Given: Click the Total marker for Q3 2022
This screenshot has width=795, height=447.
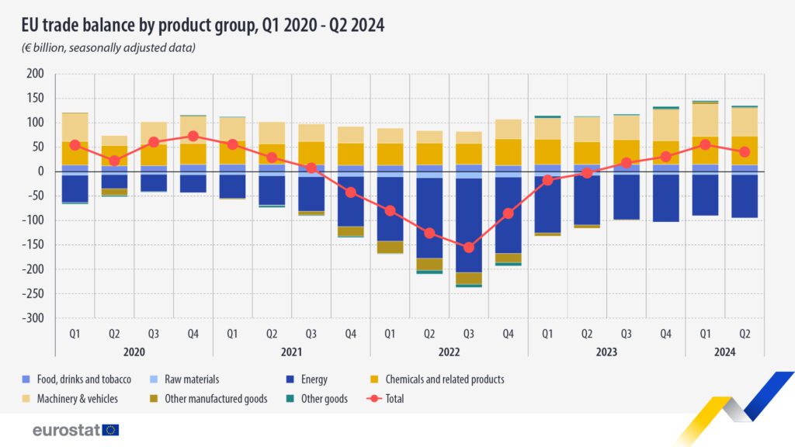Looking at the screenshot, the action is [469, 248].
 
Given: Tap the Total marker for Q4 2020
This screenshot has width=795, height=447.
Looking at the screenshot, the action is [193, 136].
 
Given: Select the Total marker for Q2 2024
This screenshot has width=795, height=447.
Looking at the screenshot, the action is [745, 151].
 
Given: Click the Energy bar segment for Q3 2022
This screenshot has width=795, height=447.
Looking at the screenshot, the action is [469, 226].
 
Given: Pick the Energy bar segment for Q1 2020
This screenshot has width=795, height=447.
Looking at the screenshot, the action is [75, 189].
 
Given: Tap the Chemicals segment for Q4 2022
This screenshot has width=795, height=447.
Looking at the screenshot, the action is [509, 152].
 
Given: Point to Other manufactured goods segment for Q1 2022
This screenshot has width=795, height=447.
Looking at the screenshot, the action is [391, 247].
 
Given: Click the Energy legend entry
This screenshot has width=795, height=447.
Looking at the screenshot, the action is [307, 379].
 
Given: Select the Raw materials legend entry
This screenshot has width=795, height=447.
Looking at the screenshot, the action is [185, 379].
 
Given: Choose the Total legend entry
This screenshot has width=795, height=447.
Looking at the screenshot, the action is [385, 399].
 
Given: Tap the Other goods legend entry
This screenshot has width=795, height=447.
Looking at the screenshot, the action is [318, 399].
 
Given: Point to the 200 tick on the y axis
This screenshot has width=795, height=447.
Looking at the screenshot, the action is [35, 74].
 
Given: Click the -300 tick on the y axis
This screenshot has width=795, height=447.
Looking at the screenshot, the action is [33, 318].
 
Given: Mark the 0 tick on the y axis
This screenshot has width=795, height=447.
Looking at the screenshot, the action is [40, 172].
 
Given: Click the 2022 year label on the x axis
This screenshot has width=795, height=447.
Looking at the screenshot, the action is [450, 352].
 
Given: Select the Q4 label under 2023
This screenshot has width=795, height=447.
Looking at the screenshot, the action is [665, 334].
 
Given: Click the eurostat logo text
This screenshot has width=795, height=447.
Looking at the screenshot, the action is [67, 430].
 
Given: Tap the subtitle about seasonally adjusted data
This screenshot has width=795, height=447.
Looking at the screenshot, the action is [109, 47].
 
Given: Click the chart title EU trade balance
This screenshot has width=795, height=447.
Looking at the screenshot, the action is [203, 25].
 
